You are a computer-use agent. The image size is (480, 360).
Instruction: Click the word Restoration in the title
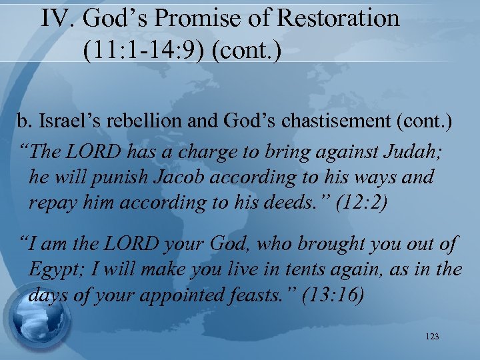click(x=338, y=18)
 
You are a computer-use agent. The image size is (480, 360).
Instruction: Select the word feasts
click(x=263, y=295)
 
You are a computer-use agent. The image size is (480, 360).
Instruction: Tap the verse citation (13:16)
click(x=333, y=295)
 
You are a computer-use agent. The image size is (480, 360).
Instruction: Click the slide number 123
click(x=431, y=337)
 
